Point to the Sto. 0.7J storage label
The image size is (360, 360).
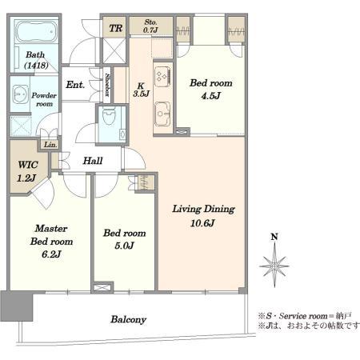[150, 26]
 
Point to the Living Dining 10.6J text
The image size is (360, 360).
[204, 215]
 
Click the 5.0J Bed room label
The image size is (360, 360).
[124, 239]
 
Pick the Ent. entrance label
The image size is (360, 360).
[75, 84]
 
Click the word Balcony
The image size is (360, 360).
[128, 319]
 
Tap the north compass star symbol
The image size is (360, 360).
[274, 263]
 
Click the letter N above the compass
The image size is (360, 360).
[274, 238]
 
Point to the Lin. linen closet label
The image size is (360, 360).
[50, 144]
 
